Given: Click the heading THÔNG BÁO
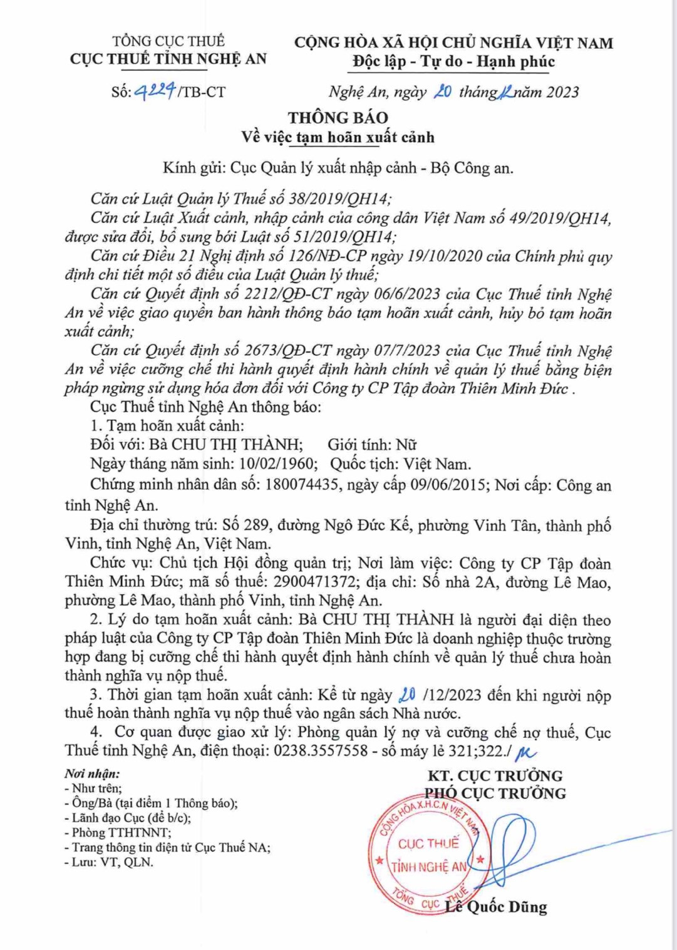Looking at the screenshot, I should point(338,117).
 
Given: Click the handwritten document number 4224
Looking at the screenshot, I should point(155,91).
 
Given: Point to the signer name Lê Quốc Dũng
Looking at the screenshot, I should point(496,906).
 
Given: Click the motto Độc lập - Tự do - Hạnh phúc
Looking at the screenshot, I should point(453,61).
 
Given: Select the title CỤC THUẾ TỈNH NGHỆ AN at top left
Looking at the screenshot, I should point(168,59).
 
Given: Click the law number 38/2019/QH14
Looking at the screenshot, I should point(339,199).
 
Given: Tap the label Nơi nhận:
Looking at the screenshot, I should point(92,774).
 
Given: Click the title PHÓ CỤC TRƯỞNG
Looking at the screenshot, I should point(496,793).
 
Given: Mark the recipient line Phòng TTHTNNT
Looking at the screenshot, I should point(121,832).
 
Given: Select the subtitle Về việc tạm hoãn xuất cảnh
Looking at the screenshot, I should point(338,137).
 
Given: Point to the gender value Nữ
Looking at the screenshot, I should point(406,445).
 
